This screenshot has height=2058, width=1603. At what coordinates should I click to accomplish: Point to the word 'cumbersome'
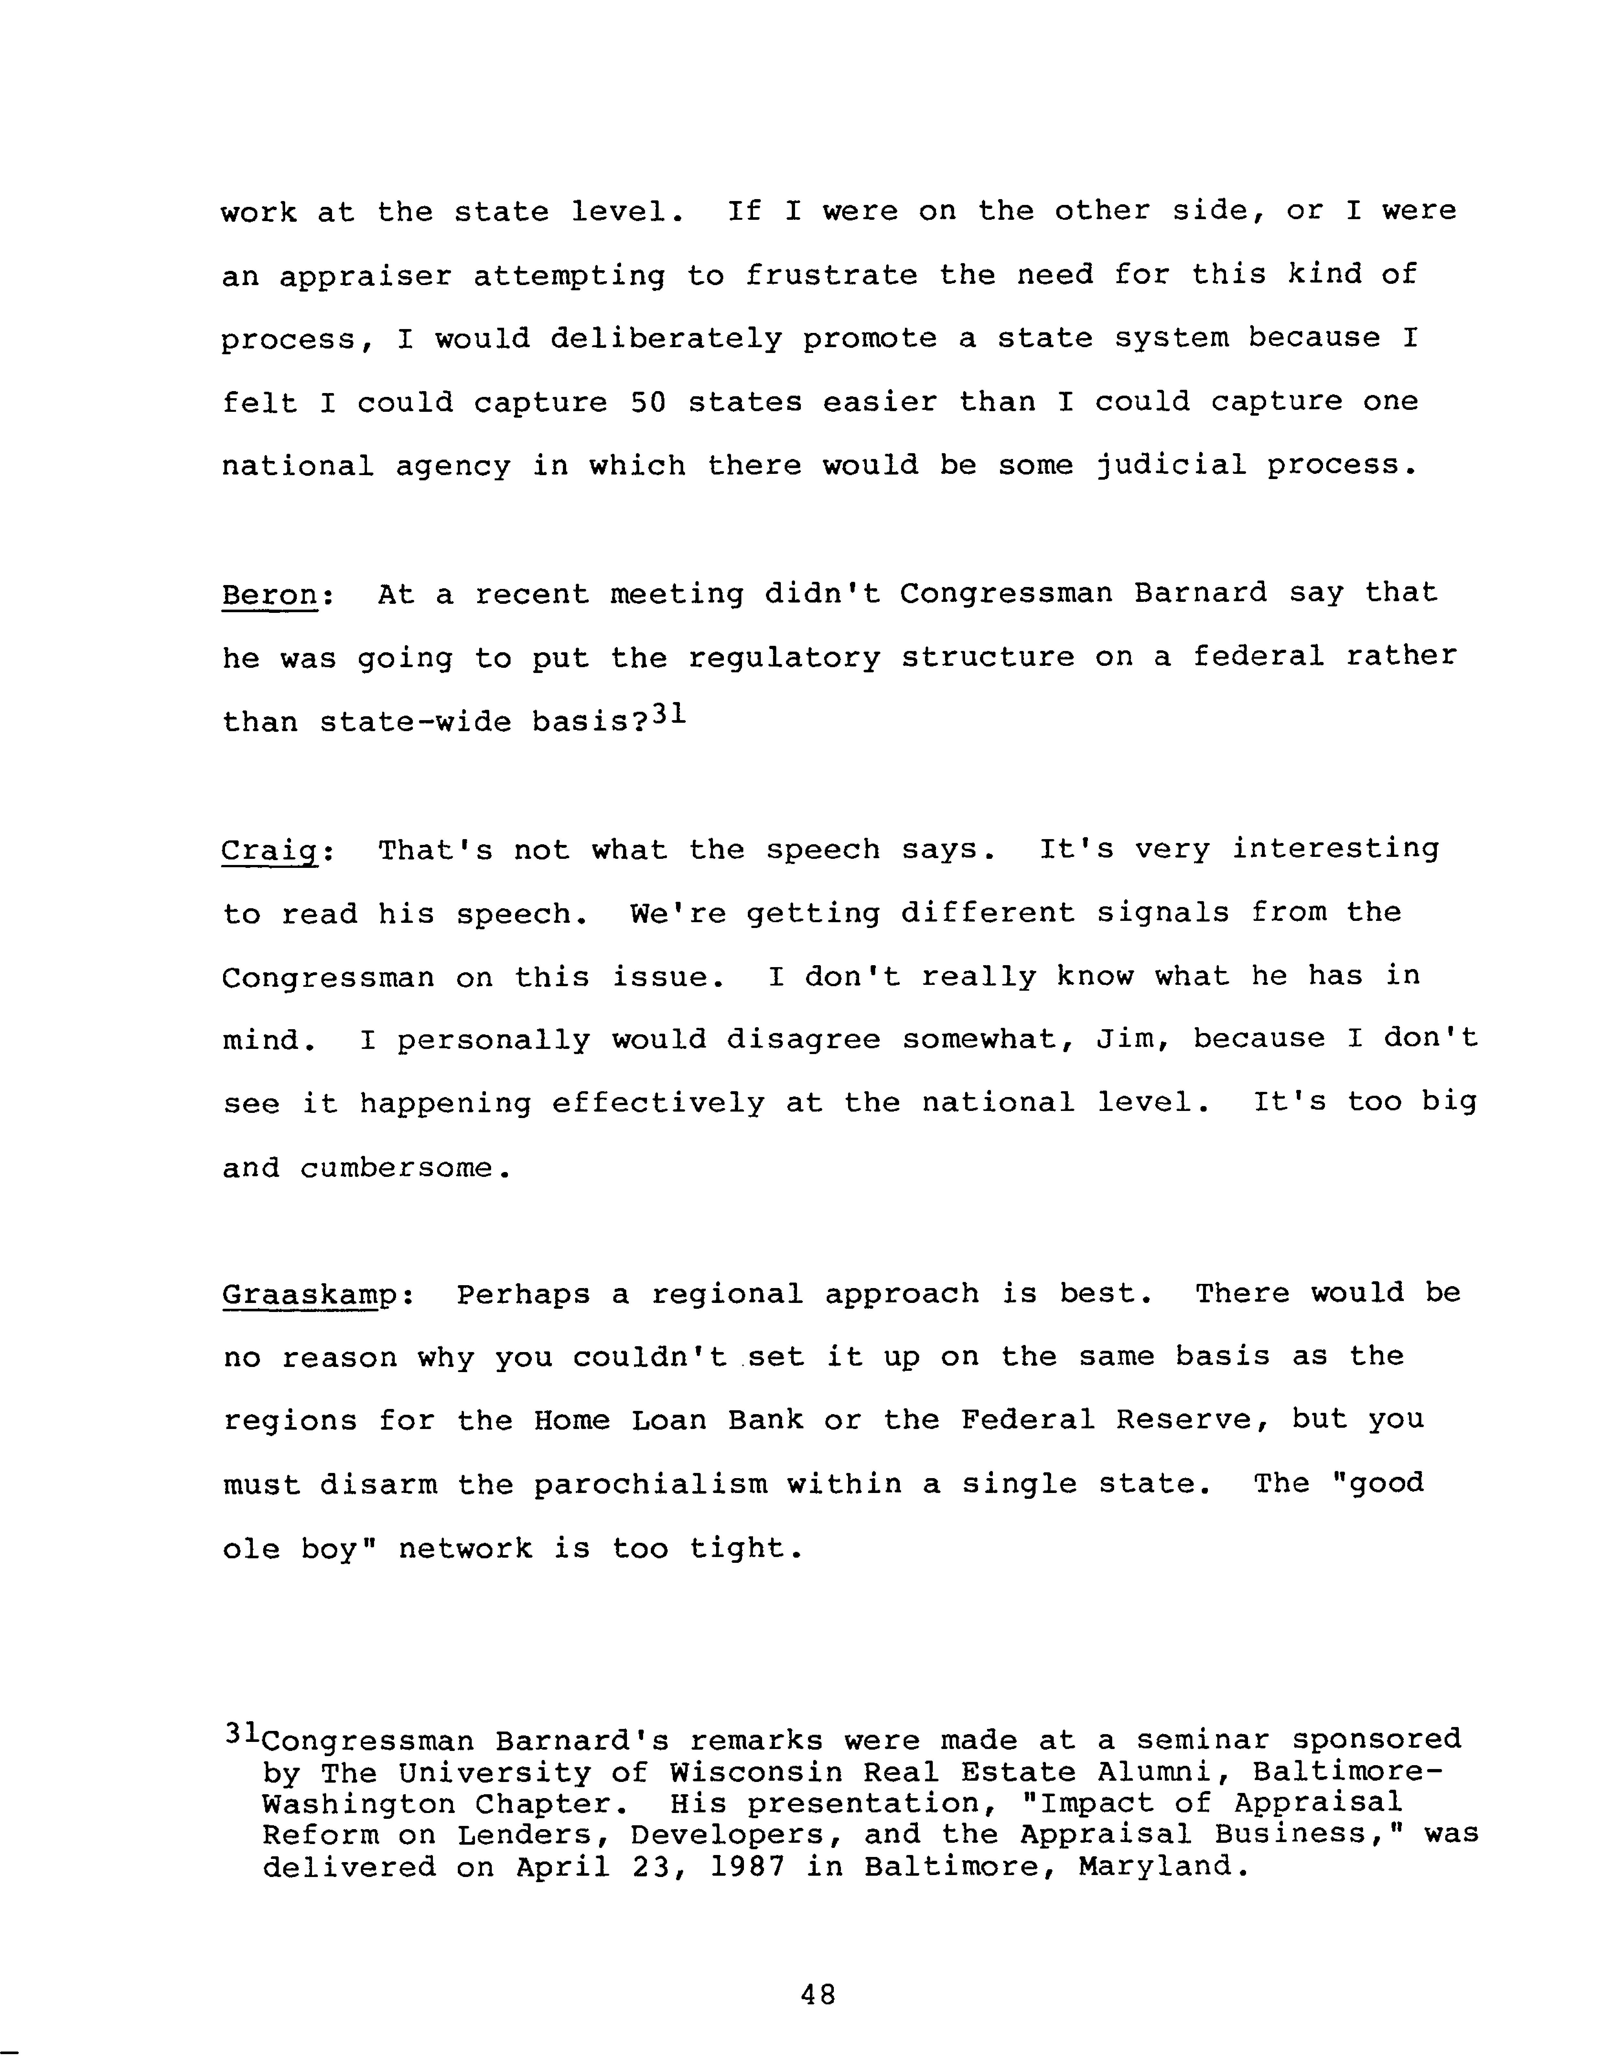[x=396, y=1168]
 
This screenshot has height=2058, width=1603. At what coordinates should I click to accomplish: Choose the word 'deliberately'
[x=665, y=338]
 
